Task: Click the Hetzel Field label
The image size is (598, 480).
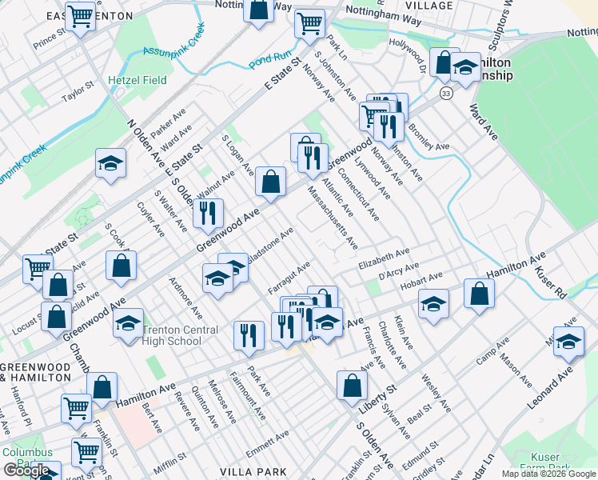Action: (138, 81)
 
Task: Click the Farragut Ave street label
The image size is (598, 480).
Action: (289, 276)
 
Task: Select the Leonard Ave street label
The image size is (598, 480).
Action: (551, 388)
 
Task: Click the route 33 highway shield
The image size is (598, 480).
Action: (445, 94)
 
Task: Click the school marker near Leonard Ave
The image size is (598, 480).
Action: (568, 342)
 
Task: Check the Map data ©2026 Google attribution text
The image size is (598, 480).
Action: (548, 474)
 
